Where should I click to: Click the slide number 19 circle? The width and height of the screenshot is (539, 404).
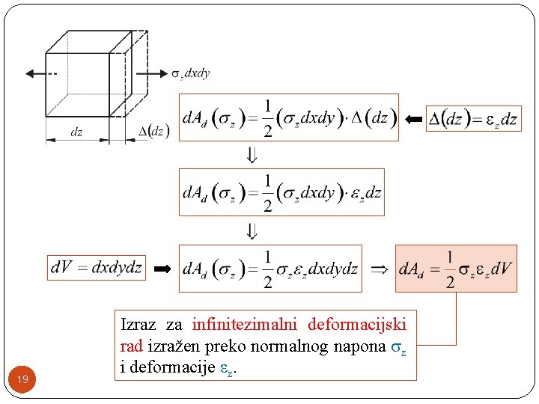[x=23, y=380]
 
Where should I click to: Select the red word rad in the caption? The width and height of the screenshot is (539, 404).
[x=131, y=346]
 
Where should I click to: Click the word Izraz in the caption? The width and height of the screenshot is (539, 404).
[x=138, y=325]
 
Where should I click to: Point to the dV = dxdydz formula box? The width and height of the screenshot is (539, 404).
[x=96, y=268]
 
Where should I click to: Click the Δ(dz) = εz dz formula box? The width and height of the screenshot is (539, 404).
[x=473, y=119]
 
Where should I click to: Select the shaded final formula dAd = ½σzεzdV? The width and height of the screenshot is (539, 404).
[x=456, y=268]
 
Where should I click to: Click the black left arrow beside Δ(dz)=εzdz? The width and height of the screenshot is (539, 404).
[x=412, y=119]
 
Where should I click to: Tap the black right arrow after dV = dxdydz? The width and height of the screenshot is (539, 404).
[x=162, y=268]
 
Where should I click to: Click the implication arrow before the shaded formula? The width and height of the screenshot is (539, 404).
[x=380, y=268]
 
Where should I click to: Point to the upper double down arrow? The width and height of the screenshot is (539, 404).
[x=252, y=155]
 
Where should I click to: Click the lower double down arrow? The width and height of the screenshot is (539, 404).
[x=252, y=230]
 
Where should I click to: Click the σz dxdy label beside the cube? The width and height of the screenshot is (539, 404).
[x=192, y=73]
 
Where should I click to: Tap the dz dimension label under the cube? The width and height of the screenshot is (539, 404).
[x=76, y=132]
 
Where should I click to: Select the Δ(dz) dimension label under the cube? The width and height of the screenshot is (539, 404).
[x=155, y=132]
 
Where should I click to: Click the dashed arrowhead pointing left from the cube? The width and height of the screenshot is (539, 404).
[x=31, y=73]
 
